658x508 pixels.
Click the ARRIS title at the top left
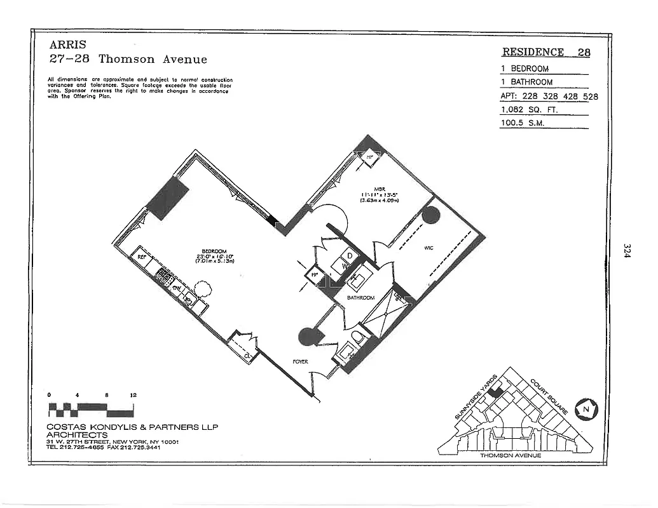(x=67, y=45)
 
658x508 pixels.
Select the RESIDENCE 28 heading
(x=545, y=53)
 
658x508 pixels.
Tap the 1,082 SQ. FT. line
(x=529, y=109)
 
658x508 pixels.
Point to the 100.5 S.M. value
(x=524, y=123)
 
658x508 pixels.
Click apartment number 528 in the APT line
(x=589, y=97)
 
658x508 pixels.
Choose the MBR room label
(x=380, y=188)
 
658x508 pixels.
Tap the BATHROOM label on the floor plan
(x=360, y=297)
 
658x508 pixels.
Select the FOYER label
(x=300, y=361)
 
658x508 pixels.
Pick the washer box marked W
(x=345, y=267)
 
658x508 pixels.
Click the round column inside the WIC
(x=431, y=215)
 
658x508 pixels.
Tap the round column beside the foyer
(x=307, y=336)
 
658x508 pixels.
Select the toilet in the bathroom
(x=357, y=337)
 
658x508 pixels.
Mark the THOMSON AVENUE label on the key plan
(x=510, y=455)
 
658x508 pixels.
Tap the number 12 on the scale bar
(x=133, y=395)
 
